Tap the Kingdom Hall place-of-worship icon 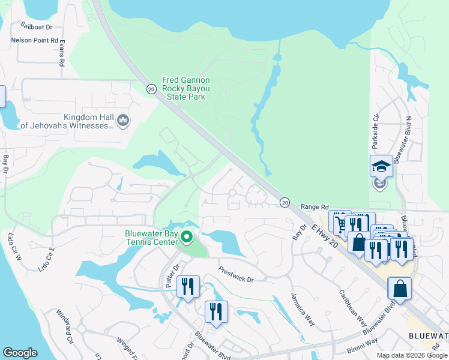[124, 121]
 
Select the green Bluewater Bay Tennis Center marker [186, 238]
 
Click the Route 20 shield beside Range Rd [285, 202]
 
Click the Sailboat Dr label [37, 26]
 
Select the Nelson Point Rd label [34, 41]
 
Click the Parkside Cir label [376, 132]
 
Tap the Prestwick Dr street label [237, 274]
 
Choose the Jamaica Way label [303, 309]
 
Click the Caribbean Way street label [352, 309]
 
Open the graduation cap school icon [381, 166]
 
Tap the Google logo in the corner [20, 353]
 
